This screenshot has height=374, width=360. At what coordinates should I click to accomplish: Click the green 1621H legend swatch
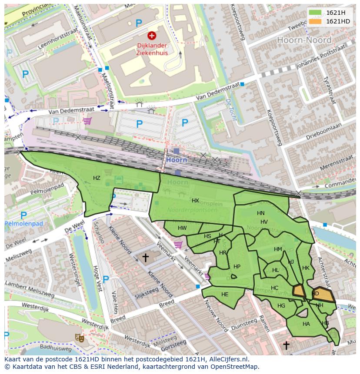pyautogui.click(x=316, y=13)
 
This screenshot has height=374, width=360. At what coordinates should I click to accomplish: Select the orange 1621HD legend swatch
pyautogui.click(x=316, y=21)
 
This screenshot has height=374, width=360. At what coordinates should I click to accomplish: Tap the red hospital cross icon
pyautogui.click(x=152, y=36)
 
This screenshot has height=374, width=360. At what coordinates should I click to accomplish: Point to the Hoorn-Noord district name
pyautogui.click(x=304, y=40)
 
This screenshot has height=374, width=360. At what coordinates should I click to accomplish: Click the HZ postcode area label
pyautogui.click(x=97, y=178)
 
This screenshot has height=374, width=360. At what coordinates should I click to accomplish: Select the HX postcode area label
pyautogui.click(x=195, y=201)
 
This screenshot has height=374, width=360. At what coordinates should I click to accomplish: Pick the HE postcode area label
pyautogui.click(x=225, y=295)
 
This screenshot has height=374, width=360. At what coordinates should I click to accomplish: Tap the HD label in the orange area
pyautogui.click(x=315, y=294)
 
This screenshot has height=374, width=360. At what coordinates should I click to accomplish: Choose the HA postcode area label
pyautogui.click(x=306, y=324)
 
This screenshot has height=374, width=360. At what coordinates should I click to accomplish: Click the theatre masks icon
pyautogui.click(x=80, y=337)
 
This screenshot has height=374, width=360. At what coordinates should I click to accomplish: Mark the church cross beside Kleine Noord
pyautogui.click(x=145, y=258)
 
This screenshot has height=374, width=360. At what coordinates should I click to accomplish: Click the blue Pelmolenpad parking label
pyautogui.click(x=24, y=224)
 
